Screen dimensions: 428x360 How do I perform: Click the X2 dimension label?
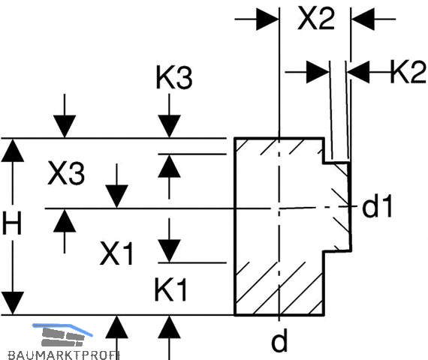[316, 18]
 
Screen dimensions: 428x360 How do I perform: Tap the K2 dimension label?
[408, 72]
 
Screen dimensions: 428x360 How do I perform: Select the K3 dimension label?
[174, 77]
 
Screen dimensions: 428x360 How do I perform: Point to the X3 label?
[66, 173]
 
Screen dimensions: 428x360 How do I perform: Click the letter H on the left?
[12, 223]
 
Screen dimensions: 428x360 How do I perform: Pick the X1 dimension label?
[116, 253]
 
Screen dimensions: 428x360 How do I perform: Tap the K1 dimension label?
[171, 289]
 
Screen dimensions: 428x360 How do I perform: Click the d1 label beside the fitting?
[377, 205]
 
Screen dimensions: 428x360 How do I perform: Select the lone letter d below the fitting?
[279, 340]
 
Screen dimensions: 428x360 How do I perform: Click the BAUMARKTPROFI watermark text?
[64, 355]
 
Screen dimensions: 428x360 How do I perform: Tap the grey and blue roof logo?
[62, 334]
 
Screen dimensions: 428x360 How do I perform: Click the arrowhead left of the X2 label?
[267, 19]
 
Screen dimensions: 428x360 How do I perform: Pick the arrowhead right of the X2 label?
[363, 19]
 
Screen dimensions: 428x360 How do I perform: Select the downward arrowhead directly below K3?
[169, 126]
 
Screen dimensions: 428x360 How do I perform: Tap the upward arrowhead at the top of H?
[13, 150]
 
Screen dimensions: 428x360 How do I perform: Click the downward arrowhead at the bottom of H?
[13, 303]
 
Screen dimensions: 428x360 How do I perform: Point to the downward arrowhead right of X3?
[117, 196]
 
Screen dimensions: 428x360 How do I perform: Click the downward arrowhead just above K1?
[169, 251]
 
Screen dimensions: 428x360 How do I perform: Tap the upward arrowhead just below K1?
[169, 327]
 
